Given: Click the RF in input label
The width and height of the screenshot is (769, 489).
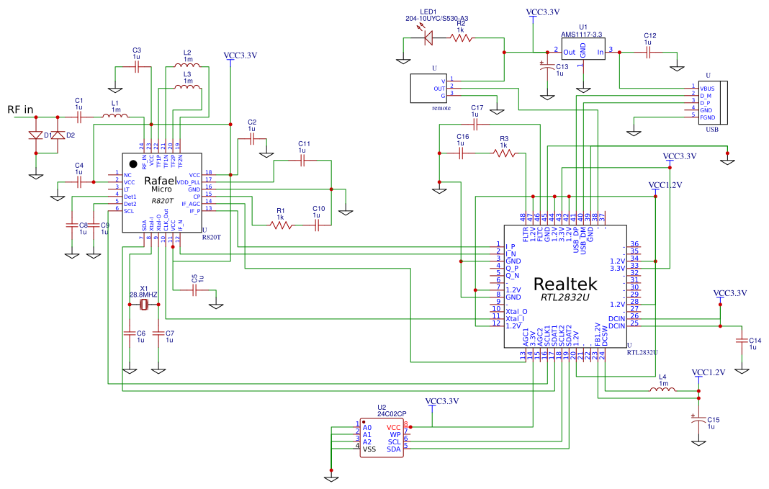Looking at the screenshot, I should pyautogui.click(x=20, y=109).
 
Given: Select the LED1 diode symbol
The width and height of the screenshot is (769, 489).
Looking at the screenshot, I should pyautogui.click(x=430, y=37).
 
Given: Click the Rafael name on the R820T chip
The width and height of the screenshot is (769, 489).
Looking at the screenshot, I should pyautogui.click(x=161, y=180).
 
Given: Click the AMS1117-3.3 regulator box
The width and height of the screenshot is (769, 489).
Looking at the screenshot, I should pyautogui.click(x=583, y=51).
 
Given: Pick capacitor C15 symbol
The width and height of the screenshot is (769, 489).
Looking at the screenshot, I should pyautogui.click(x=697, y=420).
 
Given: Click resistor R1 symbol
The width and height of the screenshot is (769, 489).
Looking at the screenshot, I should pyautogui.click(x=281, y=225).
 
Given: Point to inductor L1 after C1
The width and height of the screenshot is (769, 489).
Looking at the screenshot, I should pyautogui.click(x=115, y=116).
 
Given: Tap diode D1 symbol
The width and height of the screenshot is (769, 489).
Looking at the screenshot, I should pyautogui.click(x=35, y=135).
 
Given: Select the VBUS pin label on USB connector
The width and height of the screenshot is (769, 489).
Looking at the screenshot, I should pyautogui.click(x=706, y=88).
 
